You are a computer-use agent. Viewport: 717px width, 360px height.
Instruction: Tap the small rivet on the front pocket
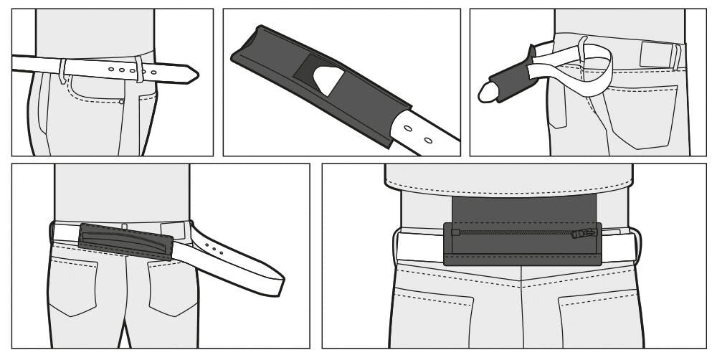point(122,102)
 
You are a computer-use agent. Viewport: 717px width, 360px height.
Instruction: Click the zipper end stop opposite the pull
point(455,232)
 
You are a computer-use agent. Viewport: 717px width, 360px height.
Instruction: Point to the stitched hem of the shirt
point(509,188)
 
